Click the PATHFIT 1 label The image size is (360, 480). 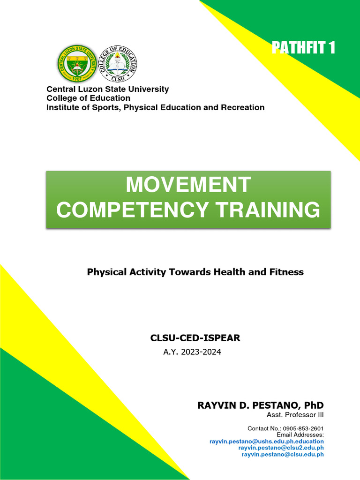tap(303, 48)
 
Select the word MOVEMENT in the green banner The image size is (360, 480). tap(188, 185)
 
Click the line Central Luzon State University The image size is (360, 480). tap(107, 89)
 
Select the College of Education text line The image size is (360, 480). tap(88, 98)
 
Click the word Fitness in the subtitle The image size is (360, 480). tap(287, 272)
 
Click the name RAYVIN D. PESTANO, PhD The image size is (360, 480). tap(260, 405)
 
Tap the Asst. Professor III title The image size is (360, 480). tap(295, 415)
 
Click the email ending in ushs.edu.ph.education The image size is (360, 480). tap(266, 441)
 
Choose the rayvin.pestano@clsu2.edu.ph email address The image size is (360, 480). tap(281, 448)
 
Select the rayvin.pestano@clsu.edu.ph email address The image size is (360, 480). tap(283, 454)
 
